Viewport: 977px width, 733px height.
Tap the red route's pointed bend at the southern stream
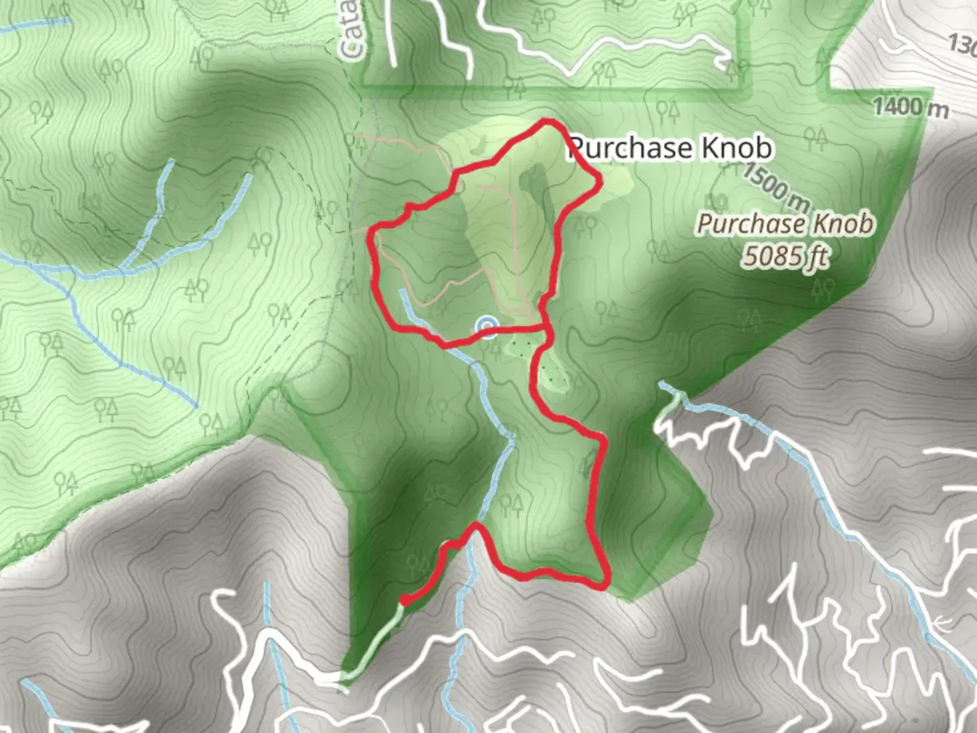477,526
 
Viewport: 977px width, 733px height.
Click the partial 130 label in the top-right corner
962,45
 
